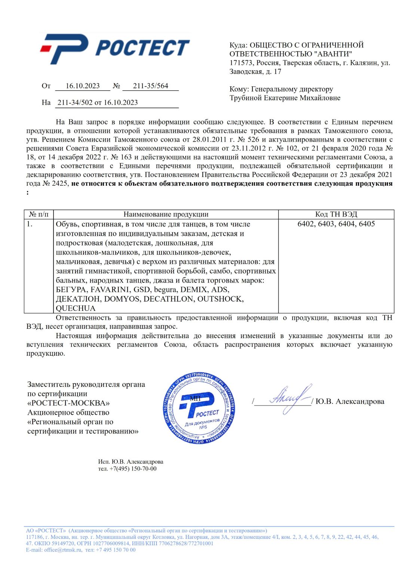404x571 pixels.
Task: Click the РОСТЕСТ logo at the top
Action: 115,48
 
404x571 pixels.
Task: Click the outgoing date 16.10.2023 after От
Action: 83,86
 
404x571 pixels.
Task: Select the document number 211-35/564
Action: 151,86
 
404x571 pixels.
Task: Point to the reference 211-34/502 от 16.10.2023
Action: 98,103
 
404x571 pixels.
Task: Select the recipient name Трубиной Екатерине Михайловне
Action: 285,98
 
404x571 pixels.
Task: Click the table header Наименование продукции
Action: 166,214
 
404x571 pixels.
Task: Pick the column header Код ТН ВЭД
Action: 336,214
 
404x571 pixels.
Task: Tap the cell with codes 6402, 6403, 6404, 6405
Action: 336,224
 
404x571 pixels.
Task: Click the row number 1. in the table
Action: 30,224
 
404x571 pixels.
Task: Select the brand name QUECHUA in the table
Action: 76,308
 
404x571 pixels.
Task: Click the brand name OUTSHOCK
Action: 220,299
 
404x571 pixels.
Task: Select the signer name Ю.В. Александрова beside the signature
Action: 350,401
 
